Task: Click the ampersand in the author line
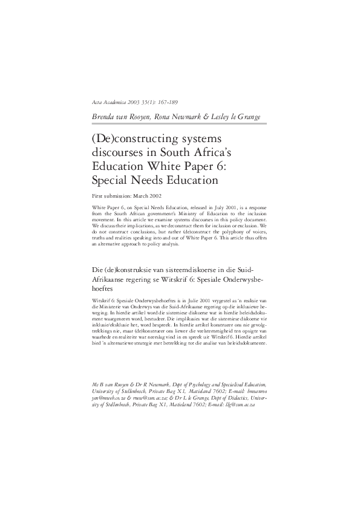pos(204,115)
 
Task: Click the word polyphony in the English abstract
pos(214,232)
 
